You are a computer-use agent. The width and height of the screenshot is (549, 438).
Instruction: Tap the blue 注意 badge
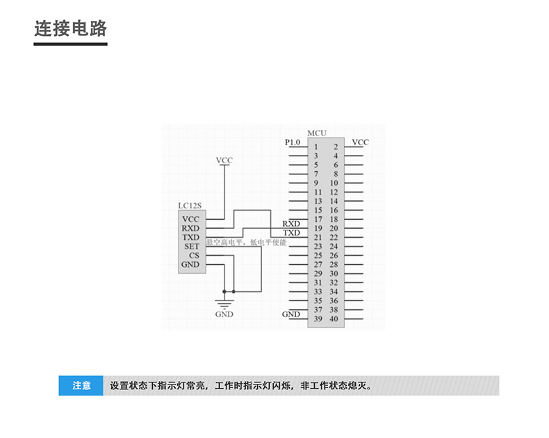81,385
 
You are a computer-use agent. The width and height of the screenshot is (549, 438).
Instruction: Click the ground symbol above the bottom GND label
224,302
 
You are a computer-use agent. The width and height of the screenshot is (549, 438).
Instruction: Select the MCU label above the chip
316,133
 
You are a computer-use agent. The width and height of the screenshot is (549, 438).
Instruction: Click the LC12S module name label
189,206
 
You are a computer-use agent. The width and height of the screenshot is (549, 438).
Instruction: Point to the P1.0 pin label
293,143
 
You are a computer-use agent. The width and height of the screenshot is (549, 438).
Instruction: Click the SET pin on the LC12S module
192,246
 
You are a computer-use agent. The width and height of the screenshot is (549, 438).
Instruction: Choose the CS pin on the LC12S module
194,255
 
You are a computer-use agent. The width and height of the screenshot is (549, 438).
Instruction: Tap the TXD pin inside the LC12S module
190,237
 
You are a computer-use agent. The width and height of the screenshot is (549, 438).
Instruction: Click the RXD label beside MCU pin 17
291,224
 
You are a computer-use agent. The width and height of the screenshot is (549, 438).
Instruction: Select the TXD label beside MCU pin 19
291,233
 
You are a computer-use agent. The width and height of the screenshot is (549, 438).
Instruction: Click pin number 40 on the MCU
334,319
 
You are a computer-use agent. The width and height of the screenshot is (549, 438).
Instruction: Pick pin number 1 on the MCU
316,147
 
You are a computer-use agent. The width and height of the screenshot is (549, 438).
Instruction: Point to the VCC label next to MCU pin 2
360,143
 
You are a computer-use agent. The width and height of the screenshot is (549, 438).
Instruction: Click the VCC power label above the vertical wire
224,161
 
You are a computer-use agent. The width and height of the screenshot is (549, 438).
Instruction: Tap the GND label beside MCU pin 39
291,314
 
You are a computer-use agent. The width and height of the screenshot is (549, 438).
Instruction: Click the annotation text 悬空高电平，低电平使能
247,243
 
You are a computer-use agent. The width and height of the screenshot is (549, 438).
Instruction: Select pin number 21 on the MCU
317,237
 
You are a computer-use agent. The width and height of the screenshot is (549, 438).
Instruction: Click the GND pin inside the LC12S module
190,264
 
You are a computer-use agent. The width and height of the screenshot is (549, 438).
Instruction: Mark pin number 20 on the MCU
334,228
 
